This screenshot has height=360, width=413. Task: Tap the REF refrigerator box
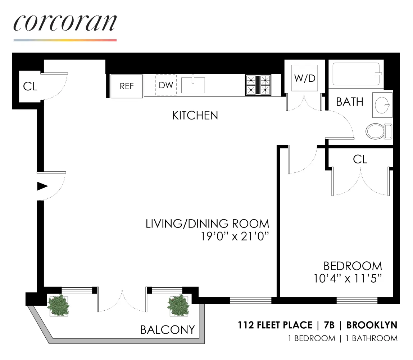click(x=127, y=86)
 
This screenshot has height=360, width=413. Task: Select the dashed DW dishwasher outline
click(x=166, y=85)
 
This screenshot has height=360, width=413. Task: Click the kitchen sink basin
click(x=193, y=85)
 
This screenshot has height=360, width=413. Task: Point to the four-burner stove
click(x=258, y=85)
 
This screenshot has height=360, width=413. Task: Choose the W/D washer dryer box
click(x=304, y=78)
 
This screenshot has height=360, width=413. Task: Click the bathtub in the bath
click(x=356, y=74)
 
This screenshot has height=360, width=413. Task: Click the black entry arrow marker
click(x=42, y=186)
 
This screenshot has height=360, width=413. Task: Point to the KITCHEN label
click(x=195, y=116)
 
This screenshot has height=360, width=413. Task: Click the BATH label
click(x=349, y=102)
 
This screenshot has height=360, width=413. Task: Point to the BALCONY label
click(x=167, y=329)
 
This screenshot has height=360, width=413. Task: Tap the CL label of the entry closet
click(x=30, y=86)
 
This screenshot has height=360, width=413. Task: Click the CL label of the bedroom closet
click(x=360, y=159)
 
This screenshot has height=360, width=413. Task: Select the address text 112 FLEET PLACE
click(x=275, y=325)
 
